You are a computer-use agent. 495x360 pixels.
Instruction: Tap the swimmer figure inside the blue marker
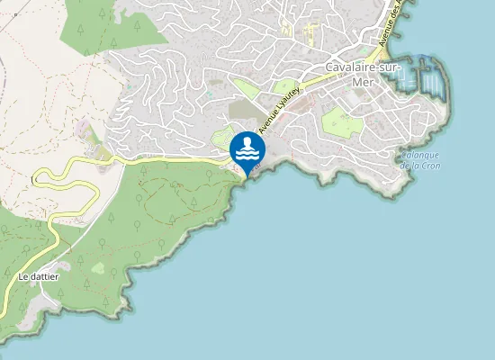(247, 145)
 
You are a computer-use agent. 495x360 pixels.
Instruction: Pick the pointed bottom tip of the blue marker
(247, 174)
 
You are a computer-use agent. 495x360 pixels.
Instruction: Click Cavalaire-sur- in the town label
(355, 67)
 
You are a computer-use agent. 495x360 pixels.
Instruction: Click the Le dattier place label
(39, 276)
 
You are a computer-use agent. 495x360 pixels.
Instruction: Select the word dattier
(44, 276)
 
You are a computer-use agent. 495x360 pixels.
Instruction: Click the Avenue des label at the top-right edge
(391, 27)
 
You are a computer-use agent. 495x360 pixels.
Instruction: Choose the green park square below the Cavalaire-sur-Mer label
(343, 121)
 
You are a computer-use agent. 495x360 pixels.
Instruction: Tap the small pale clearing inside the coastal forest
(97, 267)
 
